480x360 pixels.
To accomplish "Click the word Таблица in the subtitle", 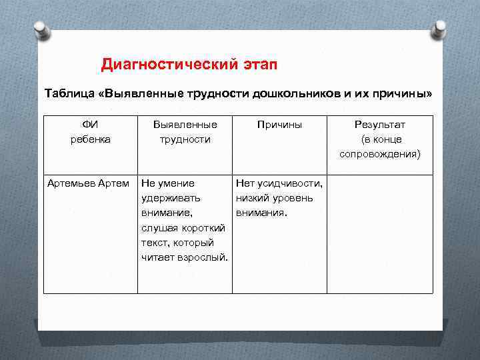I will (69, 93).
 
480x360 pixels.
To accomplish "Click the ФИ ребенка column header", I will (90, 132).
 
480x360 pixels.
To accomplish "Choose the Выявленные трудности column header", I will (185, 132).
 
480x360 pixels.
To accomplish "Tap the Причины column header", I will (279, 125).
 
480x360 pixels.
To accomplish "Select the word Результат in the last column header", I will (379, 125).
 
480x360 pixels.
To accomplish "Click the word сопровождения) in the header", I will (379, 154).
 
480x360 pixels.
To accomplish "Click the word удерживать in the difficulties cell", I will (171, 198).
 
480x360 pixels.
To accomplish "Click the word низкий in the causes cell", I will (251, 198).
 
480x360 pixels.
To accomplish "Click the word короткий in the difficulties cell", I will (203, 228).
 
